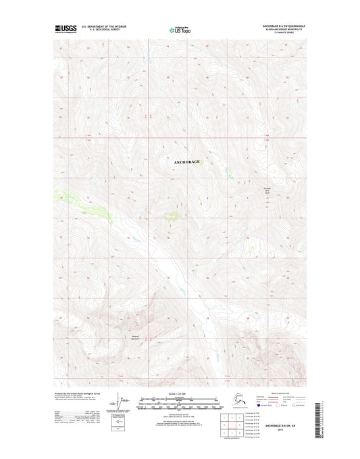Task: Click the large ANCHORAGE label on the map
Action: tap(186, 162)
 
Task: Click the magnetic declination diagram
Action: tap(121, 402)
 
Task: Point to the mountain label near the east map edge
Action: tap(267, 191)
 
